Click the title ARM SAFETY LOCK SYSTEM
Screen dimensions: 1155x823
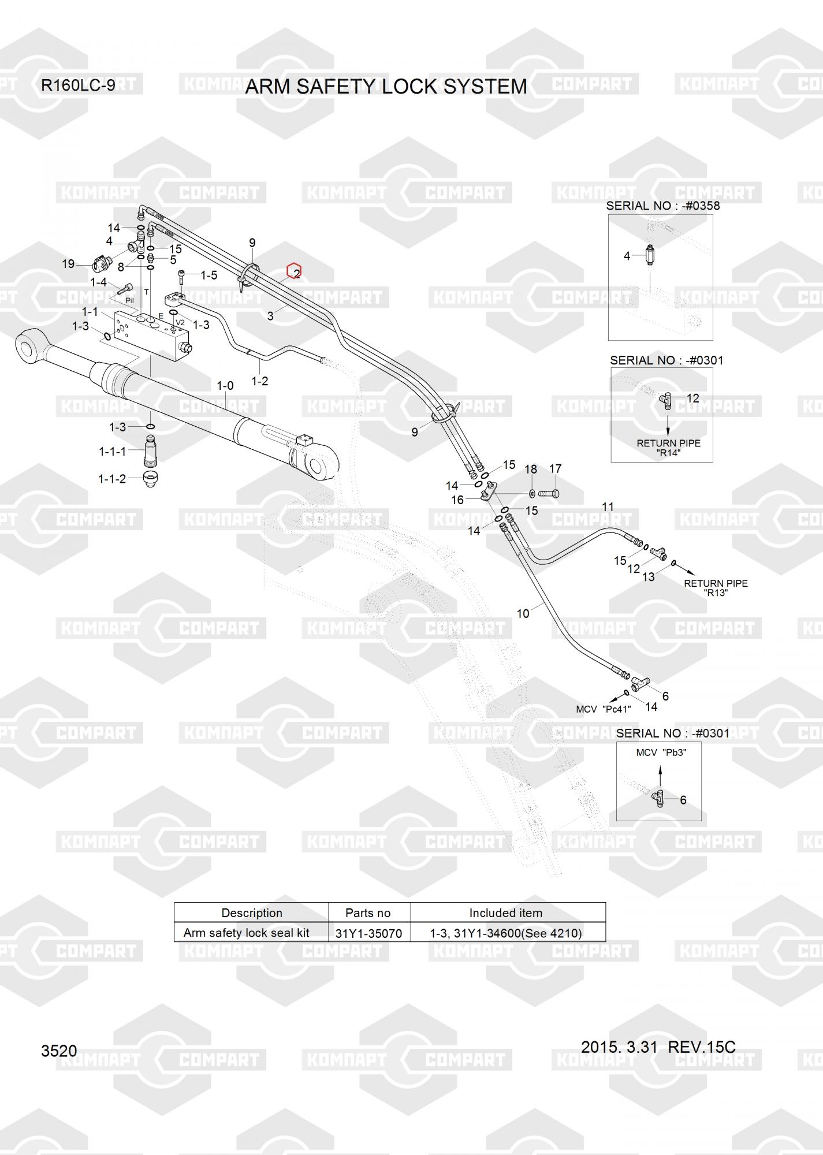[x=386, y=87]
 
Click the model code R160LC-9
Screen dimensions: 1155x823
[x=77, y=85]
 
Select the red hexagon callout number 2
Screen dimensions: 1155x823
[x=295, y=271]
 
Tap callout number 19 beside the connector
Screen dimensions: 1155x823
[x=68, y=264]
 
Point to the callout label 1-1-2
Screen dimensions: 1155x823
[x=112, y=479]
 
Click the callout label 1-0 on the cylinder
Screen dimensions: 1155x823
[x=225, y=385]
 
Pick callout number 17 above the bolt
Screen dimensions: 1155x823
[x=555, y=469]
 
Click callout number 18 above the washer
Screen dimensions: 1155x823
[x=531, y=469]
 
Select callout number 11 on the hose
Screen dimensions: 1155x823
[x=608, y=507]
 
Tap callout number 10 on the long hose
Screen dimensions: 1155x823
[x=523, y=613]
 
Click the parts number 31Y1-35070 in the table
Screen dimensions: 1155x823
[x=368, y=933]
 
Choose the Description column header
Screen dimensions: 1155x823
[x=252, y=913]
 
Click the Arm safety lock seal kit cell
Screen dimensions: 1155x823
[x=247, y=933]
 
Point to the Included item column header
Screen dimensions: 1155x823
[x=505, y=913]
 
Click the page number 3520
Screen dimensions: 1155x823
[x=59, y=1050]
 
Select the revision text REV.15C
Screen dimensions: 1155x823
[x=701, y=1046]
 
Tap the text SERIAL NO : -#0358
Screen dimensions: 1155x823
[x=662, y=206]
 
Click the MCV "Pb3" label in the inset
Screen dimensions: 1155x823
[x=661, y=752]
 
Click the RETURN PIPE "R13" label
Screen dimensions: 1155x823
[x=716, y=588]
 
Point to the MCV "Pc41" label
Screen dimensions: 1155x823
[x=604, y=709]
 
